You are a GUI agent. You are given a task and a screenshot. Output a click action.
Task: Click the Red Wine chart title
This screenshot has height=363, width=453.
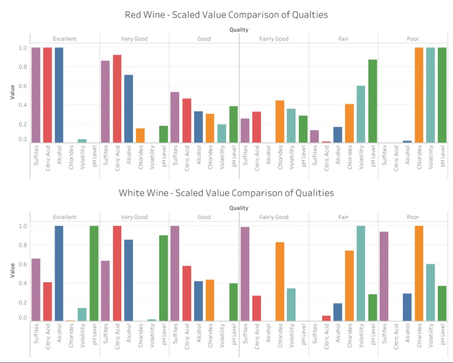point(226,15)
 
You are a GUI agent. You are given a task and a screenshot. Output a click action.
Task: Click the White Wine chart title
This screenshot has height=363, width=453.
point(226,193)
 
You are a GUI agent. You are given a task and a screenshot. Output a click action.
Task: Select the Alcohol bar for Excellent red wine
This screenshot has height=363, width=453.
point(59,95)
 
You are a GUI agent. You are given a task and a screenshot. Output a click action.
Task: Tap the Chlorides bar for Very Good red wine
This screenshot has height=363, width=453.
point(140,135)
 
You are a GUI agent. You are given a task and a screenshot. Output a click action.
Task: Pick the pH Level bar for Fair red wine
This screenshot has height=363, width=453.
point(372,101)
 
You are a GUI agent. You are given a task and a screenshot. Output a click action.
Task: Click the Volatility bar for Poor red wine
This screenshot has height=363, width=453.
point(430,95)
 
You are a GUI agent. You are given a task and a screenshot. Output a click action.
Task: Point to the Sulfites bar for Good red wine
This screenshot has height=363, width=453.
point(175,117)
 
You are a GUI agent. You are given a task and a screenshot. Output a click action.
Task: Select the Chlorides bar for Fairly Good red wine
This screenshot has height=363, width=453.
point(280,122)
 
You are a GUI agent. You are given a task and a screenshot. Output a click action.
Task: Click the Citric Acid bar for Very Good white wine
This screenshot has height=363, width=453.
point(117,273)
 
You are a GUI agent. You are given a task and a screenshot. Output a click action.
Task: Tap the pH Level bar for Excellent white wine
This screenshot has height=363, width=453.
point(94,273)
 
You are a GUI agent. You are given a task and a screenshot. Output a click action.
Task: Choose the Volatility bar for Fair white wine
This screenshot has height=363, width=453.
point(361,273)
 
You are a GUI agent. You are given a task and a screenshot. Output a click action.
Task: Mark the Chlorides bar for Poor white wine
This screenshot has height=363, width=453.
point(419,273)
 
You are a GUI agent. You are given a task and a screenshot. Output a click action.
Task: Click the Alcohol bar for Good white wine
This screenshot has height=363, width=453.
point(198,301)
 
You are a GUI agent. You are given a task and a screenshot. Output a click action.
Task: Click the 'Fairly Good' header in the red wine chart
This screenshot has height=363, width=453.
point(274,39)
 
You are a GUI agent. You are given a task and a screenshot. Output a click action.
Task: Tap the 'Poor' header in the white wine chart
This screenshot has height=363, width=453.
point(413,217)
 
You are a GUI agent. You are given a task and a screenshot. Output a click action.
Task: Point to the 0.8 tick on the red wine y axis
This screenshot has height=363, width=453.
point(23,67)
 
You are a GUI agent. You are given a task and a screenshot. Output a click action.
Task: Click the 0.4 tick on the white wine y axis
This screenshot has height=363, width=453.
point(23,283)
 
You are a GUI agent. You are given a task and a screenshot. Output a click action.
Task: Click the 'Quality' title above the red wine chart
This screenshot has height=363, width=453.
point(239,30)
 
